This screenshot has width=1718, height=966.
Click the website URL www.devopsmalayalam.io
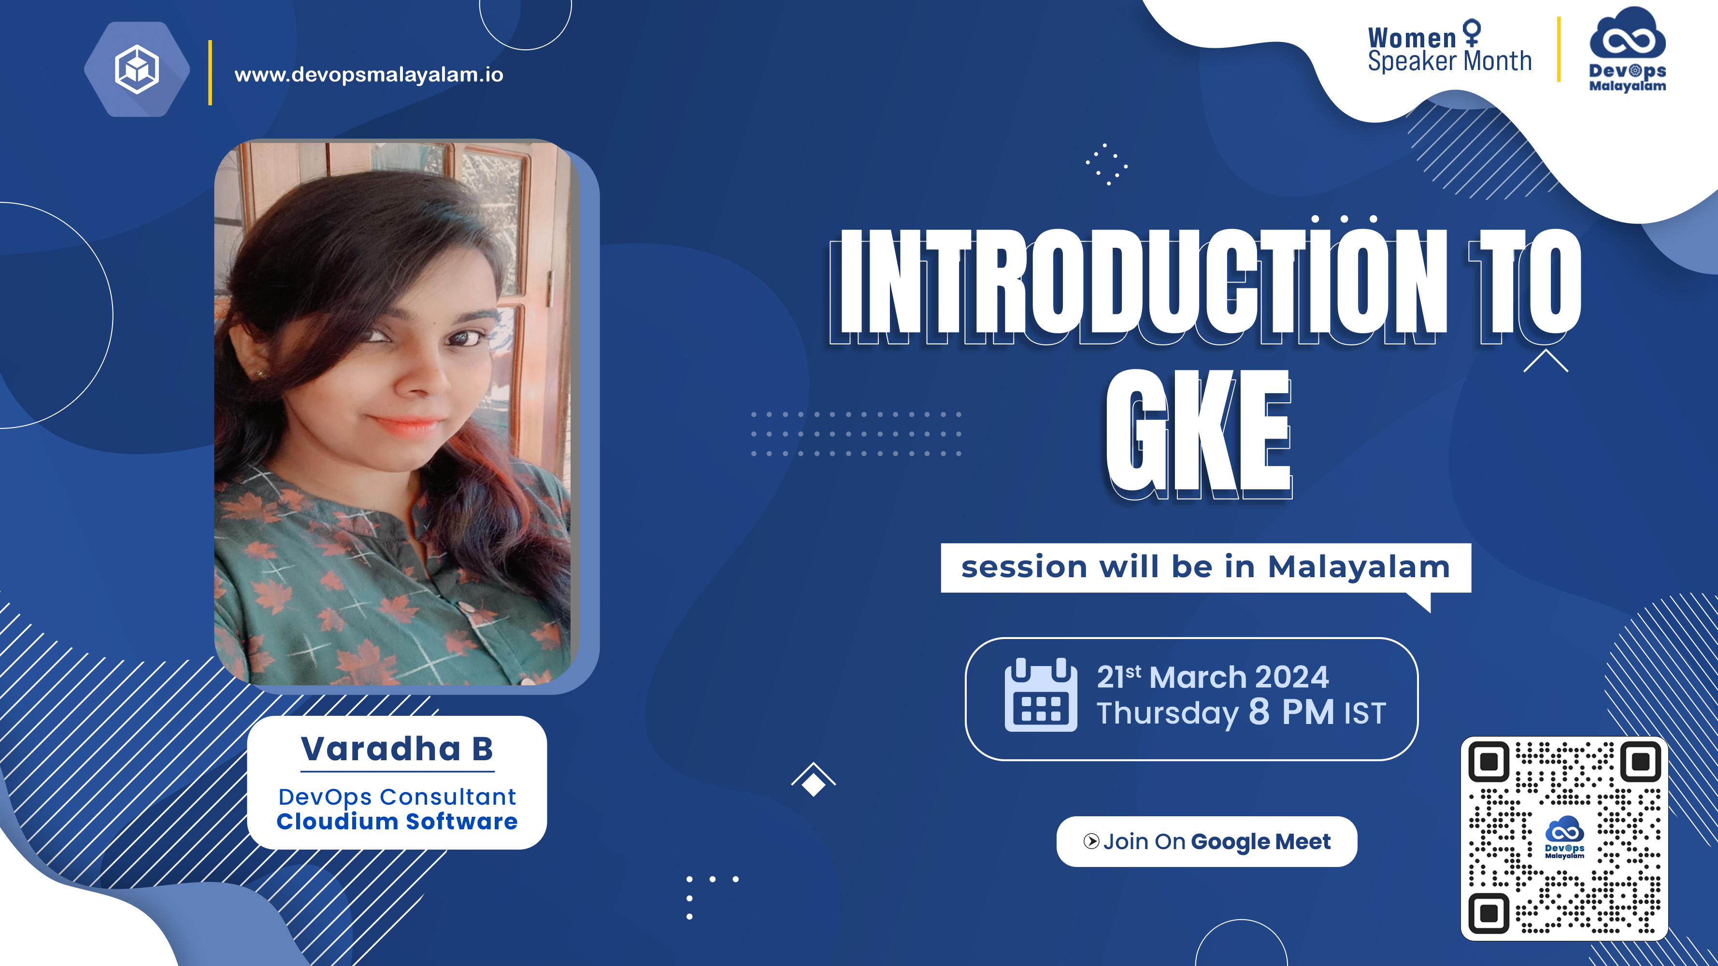[x=369, y=75]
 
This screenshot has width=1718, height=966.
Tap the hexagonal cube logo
[x=137, y=70]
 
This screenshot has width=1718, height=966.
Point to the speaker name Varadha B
[x=397, y=749]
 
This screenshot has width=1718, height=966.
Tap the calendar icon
[x=1040, y=695]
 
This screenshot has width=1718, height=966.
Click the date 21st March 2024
[x=1213, y=677]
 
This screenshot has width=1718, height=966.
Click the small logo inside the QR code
[x=1564, y=838]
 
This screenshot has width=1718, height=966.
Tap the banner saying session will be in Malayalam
[x=1206, y=568]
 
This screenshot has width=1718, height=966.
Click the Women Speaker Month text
[x=1449, y=49]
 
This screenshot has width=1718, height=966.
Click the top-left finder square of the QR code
[x=1489, y=761]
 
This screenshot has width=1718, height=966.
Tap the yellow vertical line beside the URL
[x=210, y=72]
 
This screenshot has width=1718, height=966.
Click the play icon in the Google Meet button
[x=1091, y=841]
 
